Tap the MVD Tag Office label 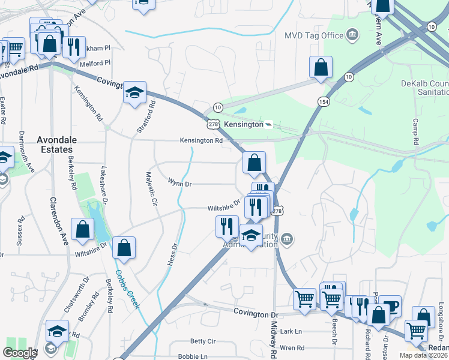[x=314, y=35]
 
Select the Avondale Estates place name [x=56, y=144]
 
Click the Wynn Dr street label [x=179, y=183]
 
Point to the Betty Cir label [x=202, y=341]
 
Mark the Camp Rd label [x=415, y=130]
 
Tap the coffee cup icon [x=390, y=307]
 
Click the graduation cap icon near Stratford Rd [x=135, y=92]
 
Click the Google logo [x=19, y=353]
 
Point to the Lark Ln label [x=291, y=331]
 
